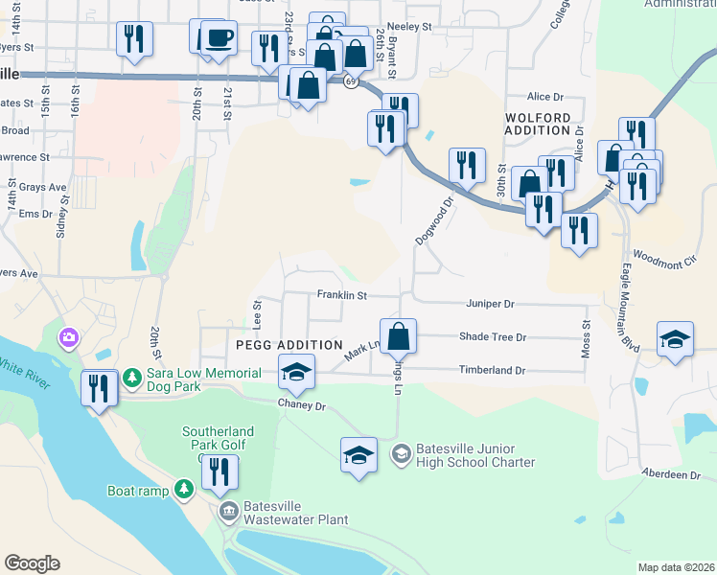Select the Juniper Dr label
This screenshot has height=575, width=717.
pos(491,304)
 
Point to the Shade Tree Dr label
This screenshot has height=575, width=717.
pos(493,337)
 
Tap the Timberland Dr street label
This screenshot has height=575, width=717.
pos(493,370)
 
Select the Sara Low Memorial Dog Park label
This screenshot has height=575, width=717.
pos(203,379)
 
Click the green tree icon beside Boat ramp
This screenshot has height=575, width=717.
pos(184,490)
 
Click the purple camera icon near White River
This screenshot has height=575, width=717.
pos(68,337)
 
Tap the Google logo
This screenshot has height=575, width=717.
pos(32,563)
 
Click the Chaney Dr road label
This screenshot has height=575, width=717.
pos(302,406)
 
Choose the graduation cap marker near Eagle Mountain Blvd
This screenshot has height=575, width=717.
pos(675,340)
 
